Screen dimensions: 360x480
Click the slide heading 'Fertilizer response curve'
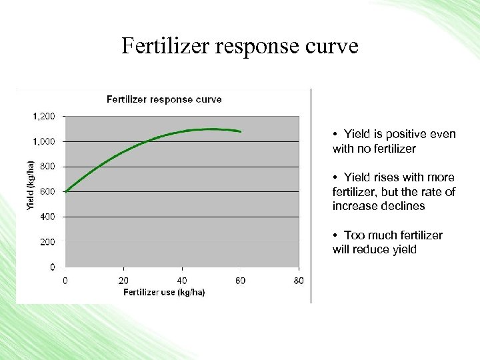coord(240,46)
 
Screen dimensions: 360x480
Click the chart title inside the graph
coord(164,99)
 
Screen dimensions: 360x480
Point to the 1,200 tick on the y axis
coord(44,116)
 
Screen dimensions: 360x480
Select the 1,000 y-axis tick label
coord(44,141)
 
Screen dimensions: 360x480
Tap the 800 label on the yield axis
coord(48,167)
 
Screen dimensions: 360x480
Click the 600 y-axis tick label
coord(48,191)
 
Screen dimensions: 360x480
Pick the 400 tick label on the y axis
coord(48,217)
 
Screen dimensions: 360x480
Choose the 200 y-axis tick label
coord(48,242)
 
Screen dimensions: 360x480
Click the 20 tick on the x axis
coord(123,281)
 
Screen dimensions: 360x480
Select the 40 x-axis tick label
coord(182,281)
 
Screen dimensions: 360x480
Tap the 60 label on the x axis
coord(240,281)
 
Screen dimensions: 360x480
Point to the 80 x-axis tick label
coord(299,281)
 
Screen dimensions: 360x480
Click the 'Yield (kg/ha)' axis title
coord(29,187)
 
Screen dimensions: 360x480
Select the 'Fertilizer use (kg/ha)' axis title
coord(164,292)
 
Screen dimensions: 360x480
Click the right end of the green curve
coord(241,131)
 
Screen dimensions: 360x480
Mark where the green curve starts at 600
coord(65,191)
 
